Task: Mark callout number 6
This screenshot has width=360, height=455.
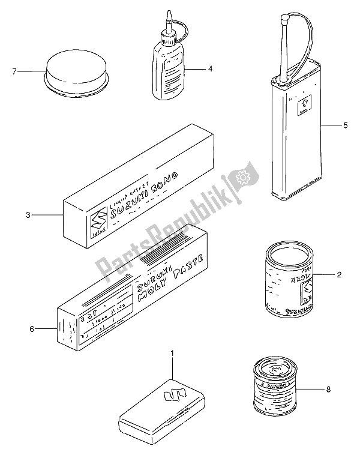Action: (x=33, y=329)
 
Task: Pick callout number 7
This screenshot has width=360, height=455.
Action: (x=15, y=72)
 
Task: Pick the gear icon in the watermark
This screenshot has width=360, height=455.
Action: (x=243, y=178)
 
